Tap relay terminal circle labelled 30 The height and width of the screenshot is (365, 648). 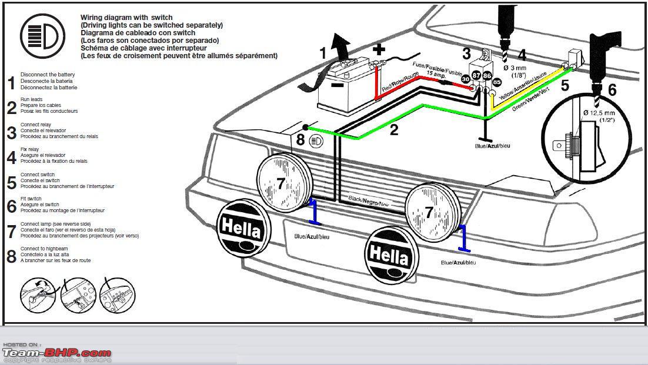[466, 78]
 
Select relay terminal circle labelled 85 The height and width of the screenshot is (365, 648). [497, 82]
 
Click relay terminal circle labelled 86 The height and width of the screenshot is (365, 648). [487, 76]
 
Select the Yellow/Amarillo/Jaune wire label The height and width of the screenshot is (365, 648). [523, 85]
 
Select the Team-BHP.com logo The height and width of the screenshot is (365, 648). [56, 353]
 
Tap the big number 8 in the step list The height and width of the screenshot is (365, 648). [11, 256]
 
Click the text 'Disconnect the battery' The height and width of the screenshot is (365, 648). [48, 75]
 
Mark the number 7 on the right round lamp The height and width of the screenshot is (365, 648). [429, 212]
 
